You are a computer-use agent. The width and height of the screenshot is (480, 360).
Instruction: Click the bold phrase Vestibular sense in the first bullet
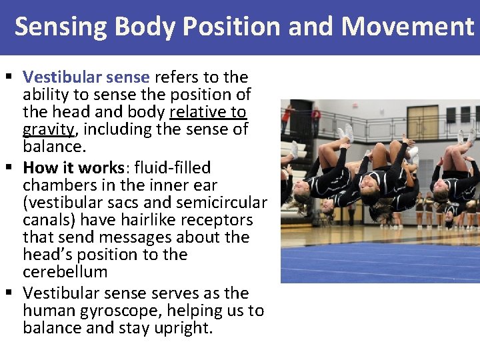[86, 77]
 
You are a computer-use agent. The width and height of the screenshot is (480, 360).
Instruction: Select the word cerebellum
[65, 272]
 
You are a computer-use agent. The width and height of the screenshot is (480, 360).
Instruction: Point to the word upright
[181, 328]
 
